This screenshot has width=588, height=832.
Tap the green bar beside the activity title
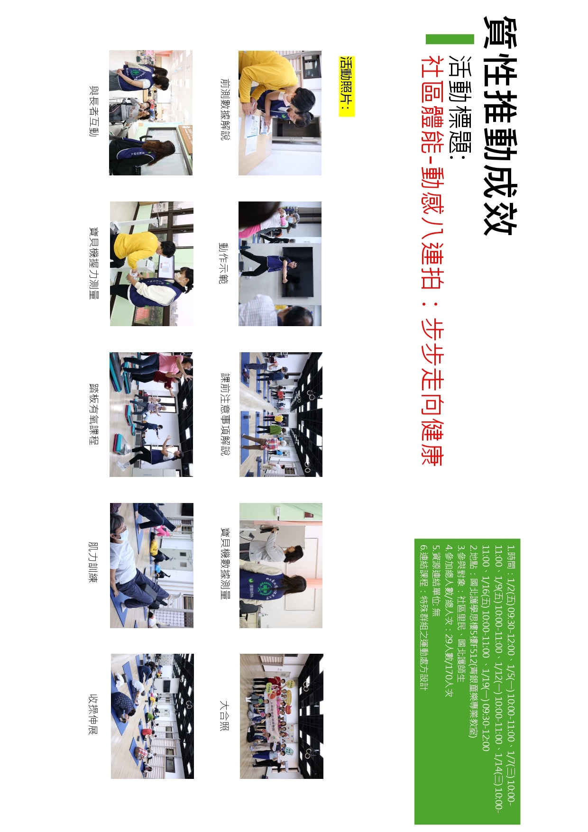click(450, 39)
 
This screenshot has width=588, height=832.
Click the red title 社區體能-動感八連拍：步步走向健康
click(432, 261)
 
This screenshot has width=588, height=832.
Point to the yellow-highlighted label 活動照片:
click(347, 86)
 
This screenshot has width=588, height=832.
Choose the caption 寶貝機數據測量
click(225, 564)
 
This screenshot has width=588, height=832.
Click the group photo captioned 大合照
click(281, 716)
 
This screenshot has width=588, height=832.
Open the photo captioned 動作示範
click(280, 264)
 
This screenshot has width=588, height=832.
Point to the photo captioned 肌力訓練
click(152, 566)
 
